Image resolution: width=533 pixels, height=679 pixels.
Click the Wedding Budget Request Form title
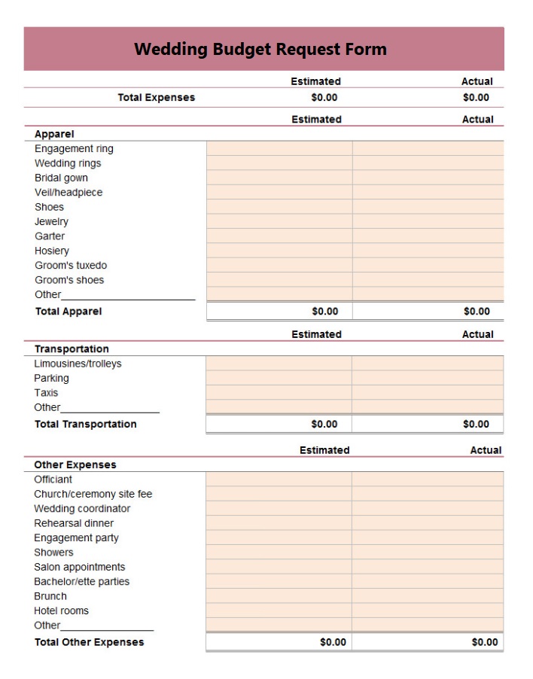(x=260, y=50)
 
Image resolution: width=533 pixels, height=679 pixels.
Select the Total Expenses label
(x=156, y=97)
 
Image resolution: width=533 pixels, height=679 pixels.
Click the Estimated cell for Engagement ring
(x=279, y=148)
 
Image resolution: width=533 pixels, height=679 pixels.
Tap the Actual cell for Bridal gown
(x=428, y=178)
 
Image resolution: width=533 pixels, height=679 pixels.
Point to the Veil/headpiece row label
(x=69, y=192)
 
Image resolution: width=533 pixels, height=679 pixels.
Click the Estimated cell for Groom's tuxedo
(x=279, y=265)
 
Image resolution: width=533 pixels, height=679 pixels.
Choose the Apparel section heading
(x=54, y=134)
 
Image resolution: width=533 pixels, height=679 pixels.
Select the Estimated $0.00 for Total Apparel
(x=324, y=311)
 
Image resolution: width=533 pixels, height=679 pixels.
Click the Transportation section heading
(x=72, y=349)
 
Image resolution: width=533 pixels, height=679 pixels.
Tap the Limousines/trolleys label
(x=78, y=364)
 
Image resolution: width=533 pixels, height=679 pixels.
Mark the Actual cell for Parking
(x=428, y=378)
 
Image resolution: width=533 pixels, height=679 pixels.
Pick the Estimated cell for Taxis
(x=279, y=392)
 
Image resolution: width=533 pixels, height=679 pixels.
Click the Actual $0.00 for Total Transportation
(x=476, y=424)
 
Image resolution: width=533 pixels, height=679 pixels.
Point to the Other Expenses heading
(x=75, y=464)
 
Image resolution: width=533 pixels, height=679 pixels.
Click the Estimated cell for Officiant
(x=279, y=479)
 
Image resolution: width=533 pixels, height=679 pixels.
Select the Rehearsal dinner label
(x=74, y=523)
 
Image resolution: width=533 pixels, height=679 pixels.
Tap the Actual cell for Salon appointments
(x=428, y=567)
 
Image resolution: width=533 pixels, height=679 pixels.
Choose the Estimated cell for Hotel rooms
(x=279, y=610)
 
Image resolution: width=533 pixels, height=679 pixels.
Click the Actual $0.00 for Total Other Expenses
(x=484, y=642)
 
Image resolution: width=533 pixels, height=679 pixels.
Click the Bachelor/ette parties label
(x=81, y=581)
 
